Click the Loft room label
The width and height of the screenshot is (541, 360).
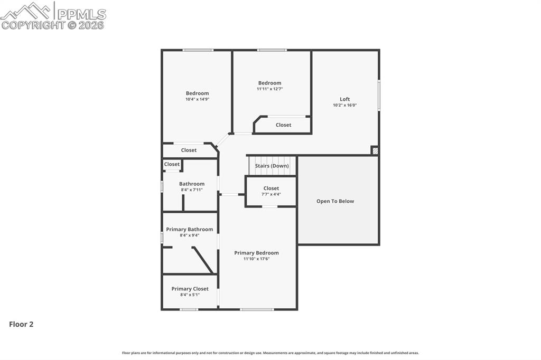[344, 99]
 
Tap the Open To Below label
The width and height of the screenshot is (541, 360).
[335, 201]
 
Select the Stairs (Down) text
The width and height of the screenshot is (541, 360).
[272, 166]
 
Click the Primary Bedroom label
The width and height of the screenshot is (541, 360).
[256, 253]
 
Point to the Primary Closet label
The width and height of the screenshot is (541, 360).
[190, 289]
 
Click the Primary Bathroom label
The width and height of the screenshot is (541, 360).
[189, 229]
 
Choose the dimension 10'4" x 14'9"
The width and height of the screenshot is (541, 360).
[197, 99]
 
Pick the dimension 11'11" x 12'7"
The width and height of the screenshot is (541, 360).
[269, 89]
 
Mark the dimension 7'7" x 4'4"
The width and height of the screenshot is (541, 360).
[271, 194]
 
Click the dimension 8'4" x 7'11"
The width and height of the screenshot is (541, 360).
[191, 190]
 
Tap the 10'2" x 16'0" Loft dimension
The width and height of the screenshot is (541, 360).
[344, 105]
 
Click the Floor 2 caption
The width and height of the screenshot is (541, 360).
[21, 325]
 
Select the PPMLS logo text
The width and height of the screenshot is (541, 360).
[81, 14]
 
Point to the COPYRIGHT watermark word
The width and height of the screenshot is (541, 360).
[33, 25]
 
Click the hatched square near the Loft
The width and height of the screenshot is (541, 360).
[375, 150]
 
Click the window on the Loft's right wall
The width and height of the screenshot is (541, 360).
[379, 95]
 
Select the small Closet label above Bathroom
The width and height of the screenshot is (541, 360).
[172, 164]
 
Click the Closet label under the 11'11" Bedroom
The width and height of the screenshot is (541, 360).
[283, 125]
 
